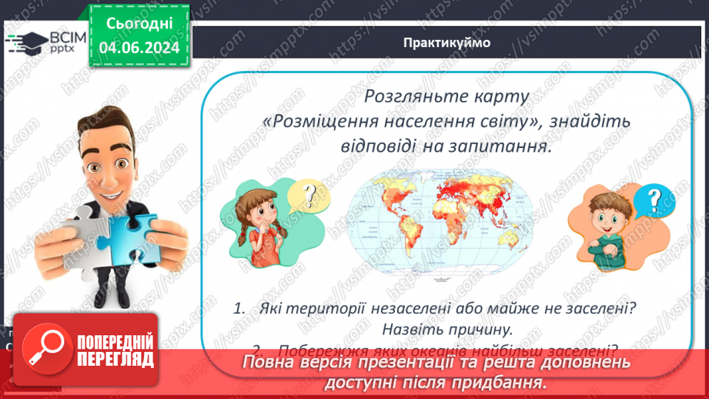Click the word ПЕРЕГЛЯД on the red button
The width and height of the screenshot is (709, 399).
115,359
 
